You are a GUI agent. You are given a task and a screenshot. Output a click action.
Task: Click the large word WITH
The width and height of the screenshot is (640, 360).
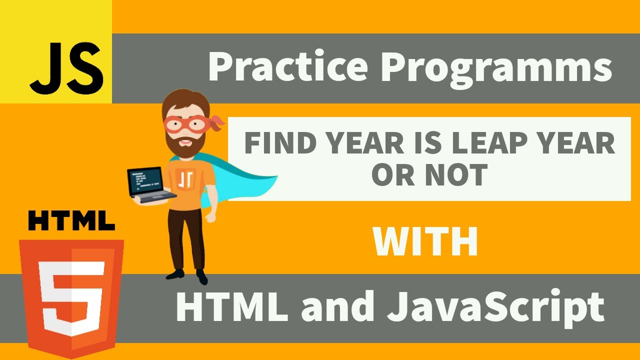[425, 242]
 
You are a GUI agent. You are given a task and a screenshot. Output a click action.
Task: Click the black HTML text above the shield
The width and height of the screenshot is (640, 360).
[71, 220]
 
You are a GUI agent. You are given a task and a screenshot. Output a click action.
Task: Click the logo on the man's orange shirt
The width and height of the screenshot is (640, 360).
[185, 178]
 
